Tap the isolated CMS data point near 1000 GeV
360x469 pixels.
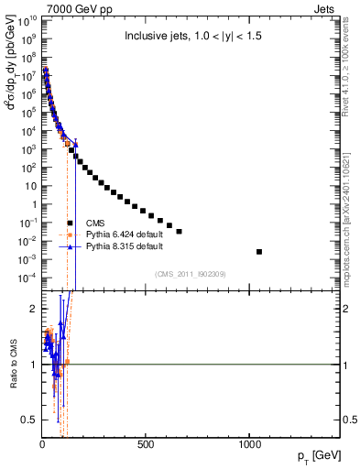click(259, 251)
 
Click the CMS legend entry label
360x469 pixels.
click(97, 223)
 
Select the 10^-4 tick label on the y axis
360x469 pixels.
click(27, 278)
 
